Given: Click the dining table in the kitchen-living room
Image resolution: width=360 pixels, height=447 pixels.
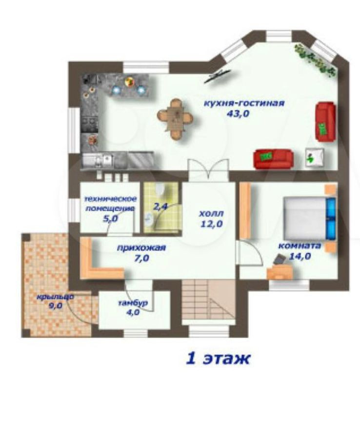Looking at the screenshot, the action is click(x=175, y=119).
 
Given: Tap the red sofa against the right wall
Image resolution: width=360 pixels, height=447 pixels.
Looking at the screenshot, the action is click(x=325, y=122).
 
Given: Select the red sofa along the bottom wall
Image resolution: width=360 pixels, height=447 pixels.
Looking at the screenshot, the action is click(x=273, y=159).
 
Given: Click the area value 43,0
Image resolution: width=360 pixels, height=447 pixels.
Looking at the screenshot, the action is click(x=238, y=114).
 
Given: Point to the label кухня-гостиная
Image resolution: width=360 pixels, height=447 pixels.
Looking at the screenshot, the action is click(x=244, y=103).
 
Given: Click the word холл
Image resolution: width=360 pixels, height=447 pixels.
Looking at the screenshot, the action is click(x=211, y=213).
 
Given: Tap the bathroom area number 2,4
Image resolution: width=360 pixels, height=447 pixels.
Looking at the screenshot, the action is click(x=160, y=206).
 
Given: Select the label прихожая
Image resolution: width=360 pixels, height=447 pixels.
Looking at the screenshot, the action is click(x=141, y=248).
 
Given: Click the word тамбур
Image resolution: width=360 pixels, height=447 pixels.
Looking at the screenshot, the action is click(x=133, y=303).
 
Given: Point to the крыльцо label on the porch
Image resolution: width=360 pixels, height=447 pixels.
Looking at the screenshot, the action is click(x=55, y=297).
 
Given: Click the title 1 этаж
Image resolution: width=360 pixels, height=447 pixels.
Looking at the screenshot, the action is click(x=218, y=358).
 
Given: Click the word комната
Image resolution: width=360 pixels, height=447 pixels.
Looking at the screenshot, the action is click(x=300, y=246).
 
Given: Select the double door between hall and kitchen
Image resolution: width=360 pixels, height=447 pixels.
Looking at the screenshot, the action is click(x=208, y=170).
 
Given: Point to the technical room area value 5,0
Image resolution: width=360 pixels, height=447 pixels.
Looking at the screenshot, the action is click(x=110, y=219).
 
